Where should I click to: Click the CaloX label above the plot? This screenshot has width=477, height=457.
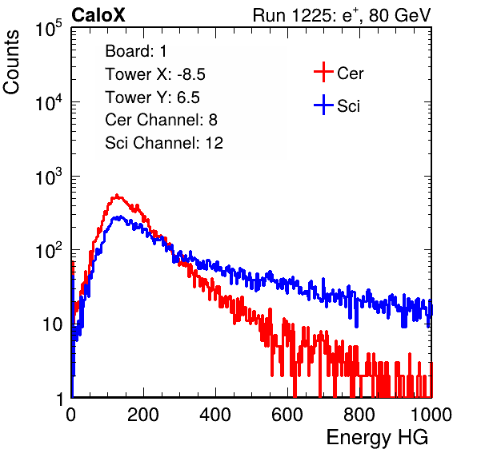98,15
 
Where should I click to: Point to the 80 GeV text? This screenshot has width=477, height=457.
399,15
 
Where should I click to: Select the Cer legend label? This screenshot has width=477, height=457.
350,74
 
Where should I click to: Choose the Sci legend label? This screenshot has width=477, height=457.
348,106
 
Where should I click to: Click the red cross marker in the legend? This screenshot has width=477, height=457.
323,72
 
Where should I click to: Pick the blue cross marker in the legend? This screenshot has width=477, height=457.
323,105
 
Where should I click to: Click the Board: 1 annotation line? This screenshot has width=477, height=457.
136,51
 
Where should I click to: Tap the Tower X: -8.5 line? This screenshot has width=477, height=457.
155,74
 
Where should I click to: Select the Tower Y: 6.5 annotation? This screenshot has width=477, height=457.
152,97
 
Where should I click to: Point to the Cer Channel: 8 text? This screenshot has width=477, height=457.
161,120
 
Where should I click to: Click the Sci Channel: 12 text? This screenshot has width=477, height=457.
164,143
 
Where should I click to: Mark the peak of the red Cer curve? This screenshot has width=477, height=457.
117,195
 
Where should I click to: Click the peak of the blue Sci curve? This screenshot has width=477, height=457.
121,217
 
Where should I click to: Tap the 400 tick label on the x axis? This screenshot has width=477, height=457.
215,415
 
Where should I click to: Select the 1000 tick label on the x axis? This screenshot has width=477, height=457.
431,415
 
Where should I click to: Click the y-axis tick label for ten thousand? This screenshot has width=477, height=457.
50,101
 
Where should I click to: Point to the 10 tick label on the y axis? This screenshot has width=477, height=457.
53,324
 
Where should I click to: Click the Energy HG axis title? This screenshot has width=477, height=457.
377,438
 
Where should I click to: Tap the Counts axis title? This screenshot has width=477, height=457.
11,62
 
